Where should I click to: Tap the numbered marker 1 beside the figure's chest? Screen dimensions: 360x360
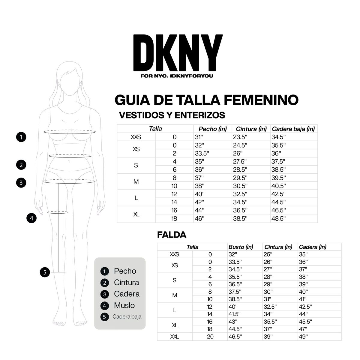tap(21, 137)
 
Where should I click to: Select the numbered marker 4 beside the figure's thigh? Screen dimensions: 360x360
tap(31, 218)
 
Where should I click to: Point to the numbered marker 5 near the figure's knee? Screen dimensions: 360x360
tap(45, 272)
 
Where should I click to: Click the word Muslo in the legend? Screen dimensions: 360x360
tap(124, 305)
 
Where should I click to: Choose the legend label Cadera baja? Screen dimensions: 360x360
tap(127, 316)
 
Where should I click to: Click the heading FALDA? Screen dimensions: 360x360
tap(172, 235)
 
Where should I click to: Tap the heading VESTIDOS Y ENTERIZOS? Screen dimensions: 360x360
tap(172, 115)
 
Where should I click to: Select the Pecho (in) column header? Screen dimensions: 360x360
tap(213, 129)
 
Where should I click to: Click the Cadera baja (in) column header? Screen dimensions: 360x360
tap(293, 129)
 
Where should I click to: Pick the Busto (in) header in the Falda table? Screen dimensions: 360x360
tap(241, 247)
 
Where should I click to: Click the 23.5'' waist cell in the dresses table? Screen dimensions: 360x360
tap(240, 137)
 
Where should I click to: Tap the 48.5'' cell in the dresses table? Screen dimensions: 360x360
tap(278, 218)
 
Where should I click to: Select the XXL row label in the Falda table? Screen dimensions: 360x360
tap(175, 337)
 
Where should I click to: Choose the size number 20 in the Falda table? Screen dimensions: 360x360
tap(210, 337)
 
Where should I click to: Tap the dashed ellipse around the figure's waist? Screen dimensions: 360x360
tap(70, 156)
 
